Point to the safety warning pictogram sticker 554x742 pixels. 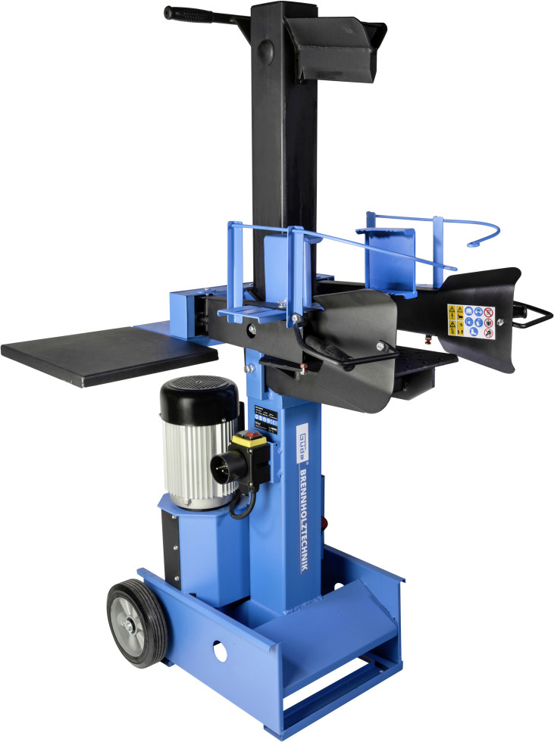pos(470,323)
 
